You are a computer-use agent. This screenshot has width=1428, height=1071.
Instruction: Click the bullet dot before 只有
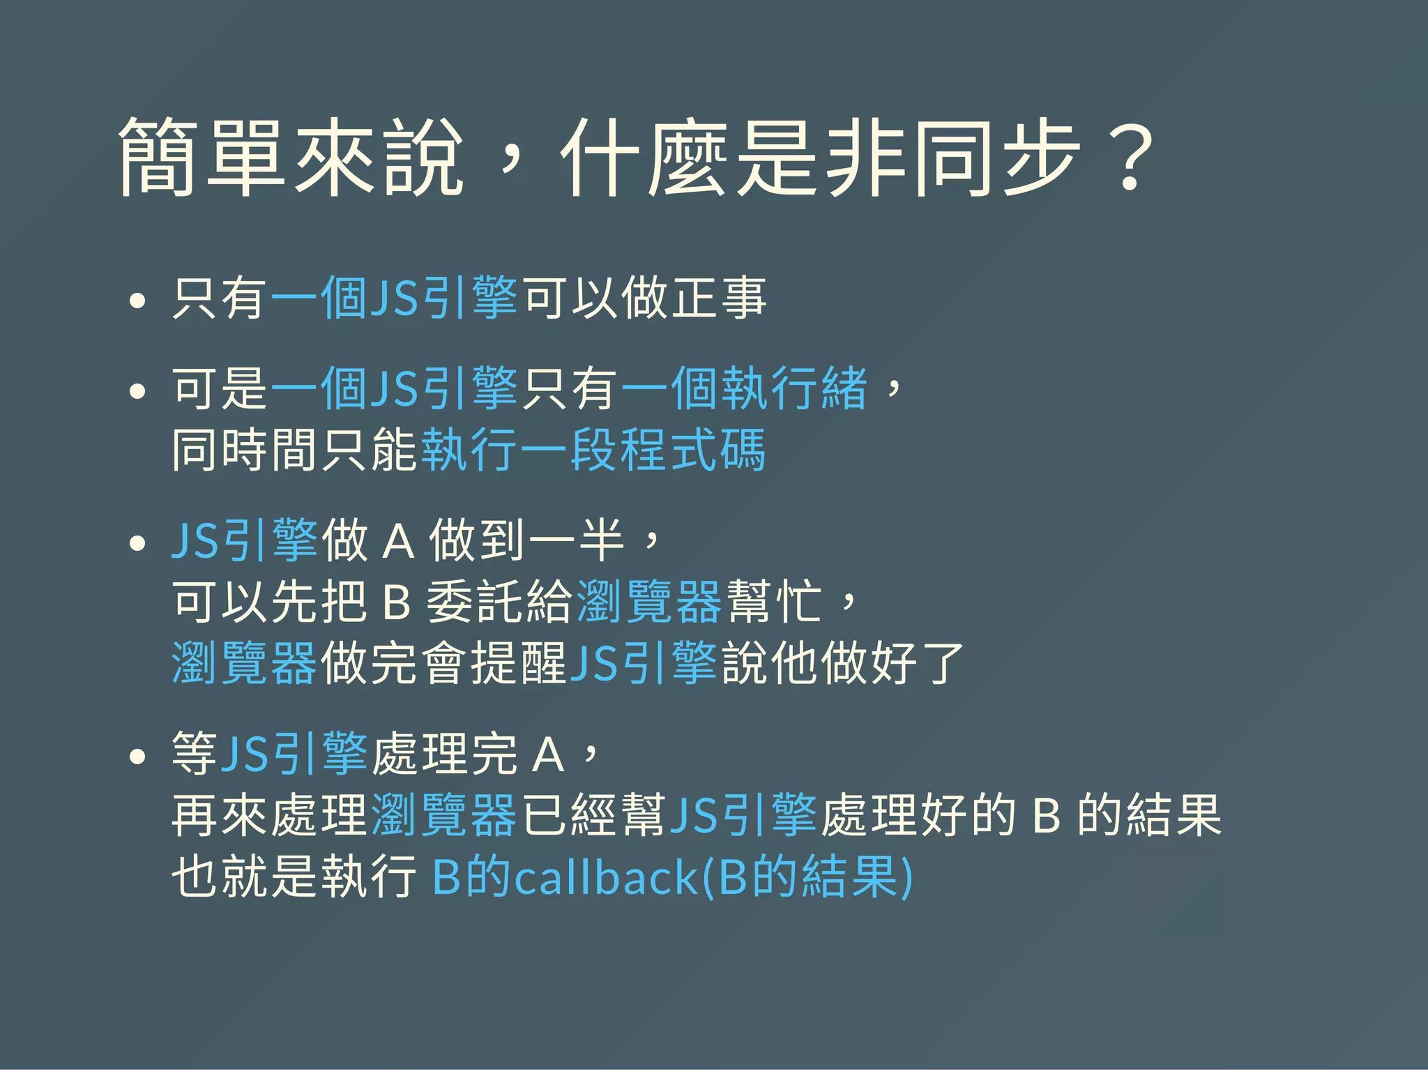[x=137, y=301]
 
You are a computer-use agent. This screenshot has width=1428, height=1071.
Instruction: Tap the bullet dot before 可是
[x=137, y=390]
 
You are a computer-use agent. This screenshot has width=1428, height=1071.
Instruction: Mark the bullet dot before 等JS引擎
[x=137, y=757]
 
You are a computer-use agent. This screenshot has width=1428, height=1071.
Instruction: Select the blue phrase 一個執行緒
[x=744, y=388]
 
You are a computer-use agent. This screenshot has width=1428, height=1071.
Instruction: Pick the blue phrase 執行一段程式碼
[x=593, y=450]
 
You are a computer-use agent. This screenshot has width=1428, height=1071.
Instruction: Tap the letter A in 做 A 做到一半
[x=398, y=541]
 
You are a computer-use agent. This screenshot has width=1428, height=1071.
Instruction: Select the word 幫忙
[x=773, y=602]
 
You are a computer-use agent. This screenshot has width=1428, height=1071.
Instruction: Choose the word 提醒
[x=518, y=662]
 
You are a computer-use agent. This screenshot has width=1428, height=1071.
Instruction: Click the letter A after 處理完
[x=547, y=755]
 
